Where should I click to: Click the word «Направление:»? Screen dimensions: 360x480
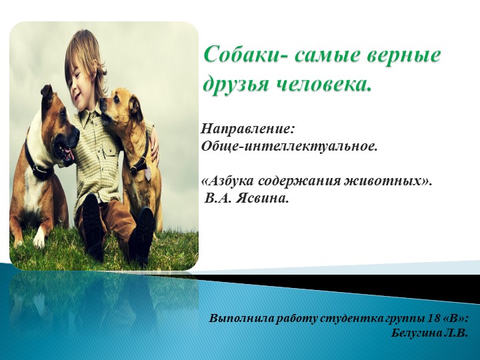[x=247, y=127]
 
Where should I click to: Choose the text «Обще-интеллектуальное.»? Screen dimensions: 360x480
[x=289, y=145]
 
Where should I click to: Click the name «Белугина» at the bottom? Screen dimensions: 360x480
[x=417, y=332]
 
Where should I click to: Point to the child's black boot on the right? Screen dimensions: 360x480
[x=142, y=237]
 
